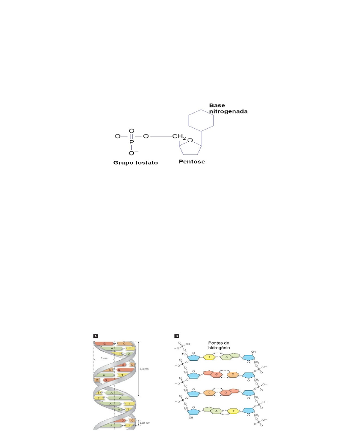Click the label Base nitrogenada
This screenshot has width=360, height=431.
point(228,108)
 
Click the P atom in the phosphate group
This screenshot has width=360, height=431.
point(131,142)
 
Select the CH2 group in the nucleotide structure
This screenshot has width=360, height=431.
point(179,137)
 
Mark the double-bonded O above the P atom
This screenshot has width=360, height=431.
point(131,131)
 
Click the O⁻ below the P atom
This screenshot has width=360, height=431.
point(132,153)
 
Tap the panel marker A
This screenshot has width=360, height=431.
point(96,335)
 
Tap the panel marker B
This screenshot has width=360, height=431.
point(177,335)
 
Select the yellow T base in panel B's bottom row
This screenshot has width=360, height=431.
point(232,411)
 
